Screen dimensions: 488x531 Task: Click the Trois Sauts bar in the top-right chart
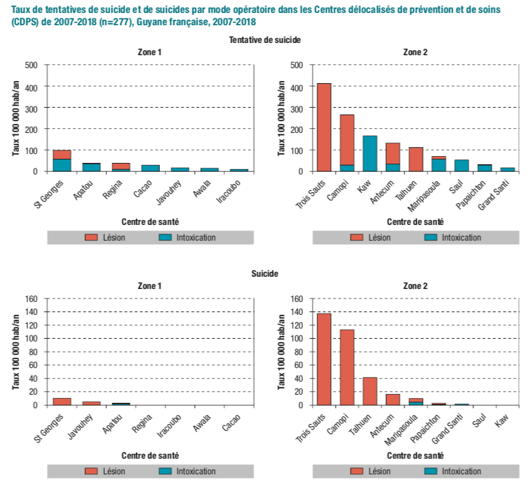[x=323, y=127]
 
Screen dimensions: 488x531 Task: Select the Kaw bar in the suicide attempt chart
[x=370, y=153]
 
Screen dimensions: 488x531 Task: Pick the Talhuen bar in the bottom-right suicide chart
[x=370, y=391]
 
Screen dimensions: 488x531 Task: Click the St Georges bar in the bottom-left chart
[x=62, y=401]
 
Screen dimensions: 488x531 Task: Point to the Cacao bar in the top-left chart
[x=150, y=168]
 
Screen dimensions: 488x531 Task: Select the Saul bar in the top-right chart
[x=462, y=166]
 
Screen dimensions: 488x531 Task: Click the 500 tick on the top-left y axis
[x=31, y=65]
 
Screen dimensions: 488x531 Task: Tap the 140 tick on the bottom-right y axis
[x=297, y=312]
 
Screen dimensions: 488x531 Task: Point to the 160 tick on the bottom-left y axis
[x=31, y=299]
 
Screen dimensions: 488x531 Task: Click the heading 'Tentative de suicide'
[x=265, y=40]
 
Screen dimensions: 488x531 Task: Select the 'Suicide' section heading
[x=265, y=273]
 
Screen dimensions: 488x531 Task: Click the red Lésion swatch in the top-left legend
[x=91, y=237]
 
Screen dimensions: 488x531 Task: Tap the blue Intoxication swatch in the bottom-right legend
[x=430, y=471]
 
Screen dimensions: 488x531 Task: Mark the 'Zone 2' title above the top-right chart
[x=415, y=52]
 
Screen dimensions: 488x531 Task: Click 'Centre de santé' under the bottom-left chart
[x=150, y=455]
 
